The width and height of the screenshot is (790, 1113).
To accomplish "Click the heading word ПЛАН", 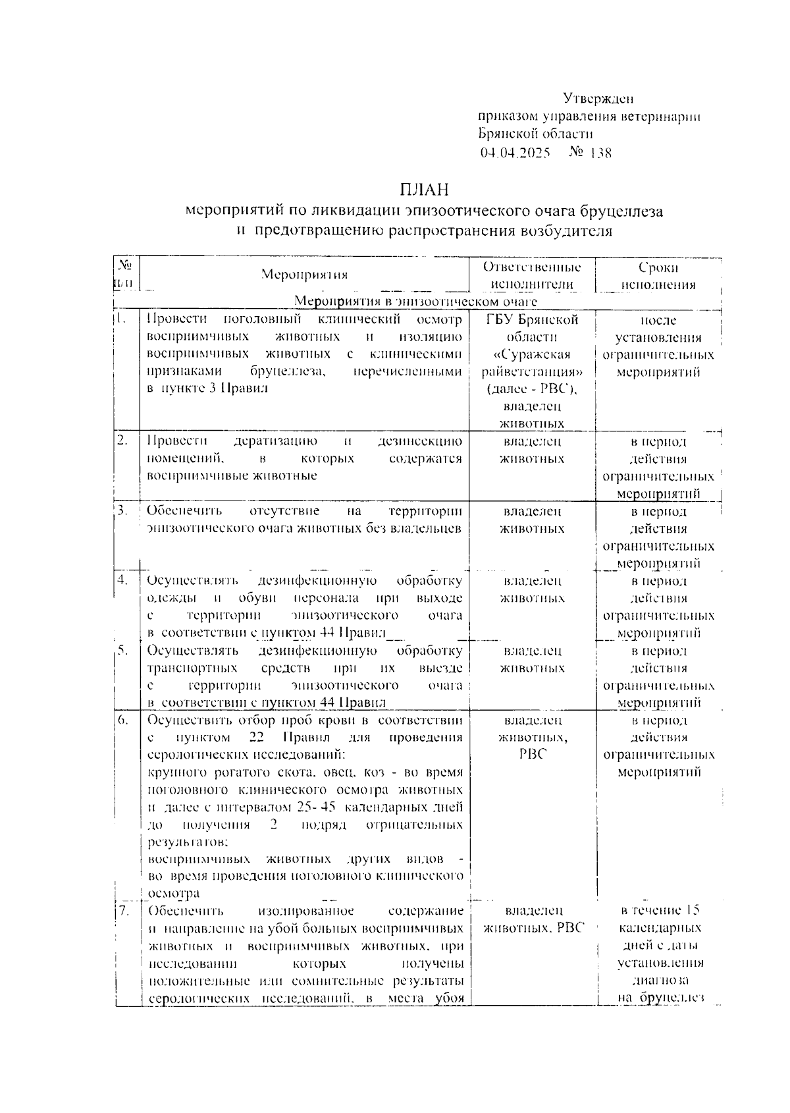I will pos(423,190).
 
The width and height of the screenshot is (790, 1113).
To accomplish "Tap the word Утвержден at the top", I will pos(598,99).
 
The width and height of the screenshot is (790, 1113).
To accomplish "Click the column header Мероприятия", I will pos(303,275).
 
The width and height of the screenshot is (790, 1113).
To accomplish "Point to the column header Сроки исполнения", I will pos(658,276).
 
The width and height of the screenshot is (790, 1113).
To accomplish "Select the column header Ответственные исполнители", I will pos(532,276).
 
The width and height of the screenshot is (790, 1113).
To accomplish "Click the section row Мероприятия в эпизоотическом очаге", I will pos(415,302).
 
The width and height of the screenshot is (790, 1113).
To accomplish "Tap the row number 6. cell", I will pos(123,720).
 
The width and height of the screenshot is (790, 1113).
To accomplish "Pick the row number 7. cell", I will pos(123,911).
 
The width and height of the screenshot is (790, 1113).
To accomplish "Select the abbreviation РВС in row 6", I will pos(533,755).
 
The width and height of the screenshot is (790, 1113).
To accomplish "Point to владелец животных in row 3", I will pos(532,520).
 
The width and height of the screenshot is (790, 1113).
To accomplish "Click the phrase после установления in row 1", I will pos(658,329).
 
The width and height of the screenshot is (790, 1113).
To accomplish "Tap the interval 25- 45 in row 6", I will pos(316,807).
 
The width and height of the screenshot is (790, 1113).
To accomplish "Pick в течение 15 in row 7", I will pos(660,911).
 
